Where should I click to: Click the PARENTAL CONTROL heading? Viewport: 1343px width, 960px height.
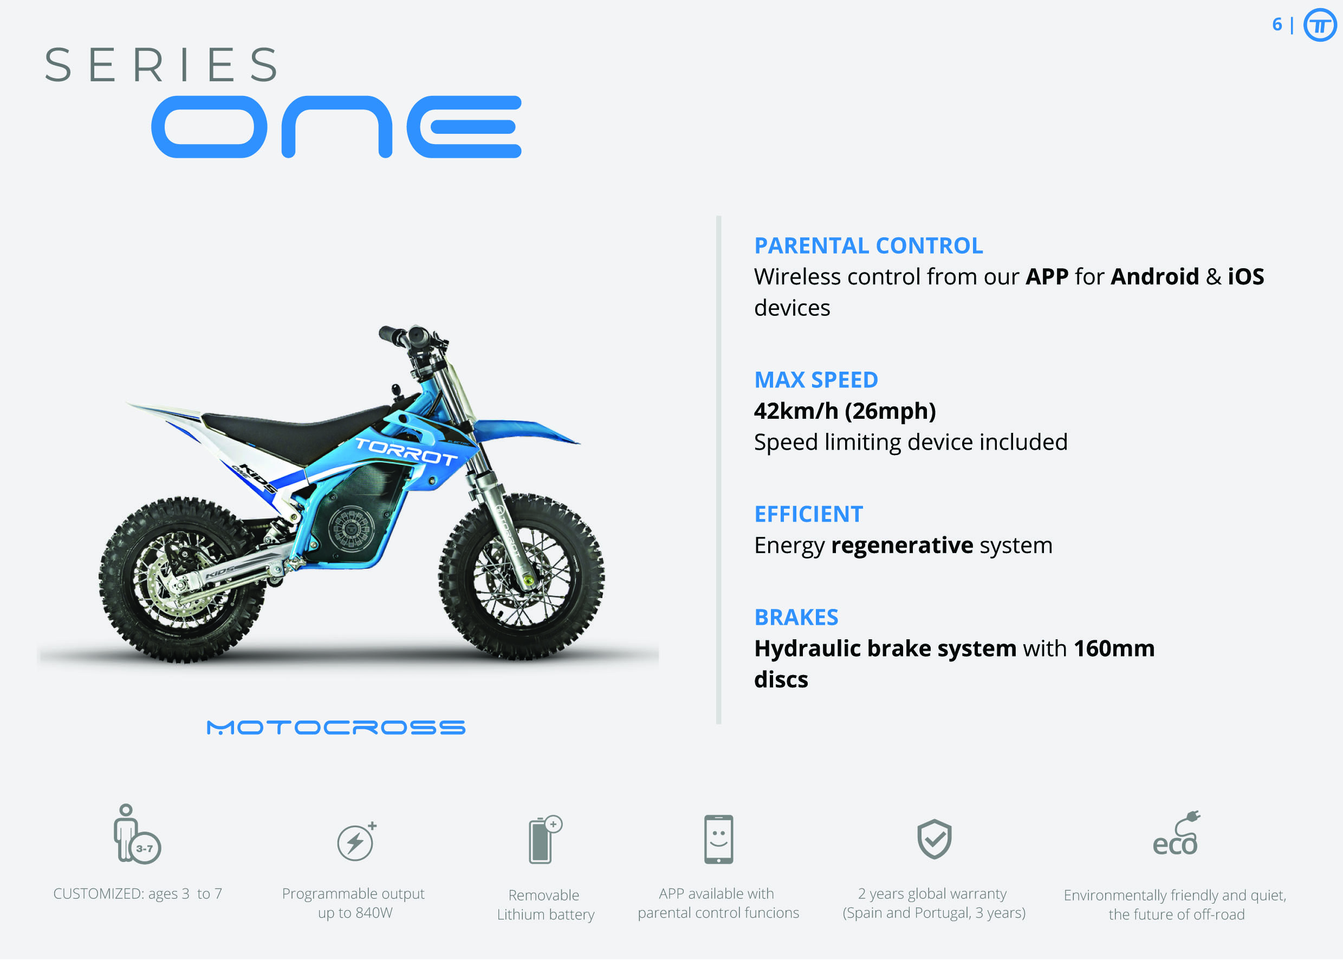coord(868,245)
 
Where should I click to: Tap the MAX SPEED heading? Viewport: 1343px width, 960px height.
coord(816,380)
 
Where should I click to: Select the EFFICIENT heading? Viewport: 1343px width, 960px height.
coord(808,514)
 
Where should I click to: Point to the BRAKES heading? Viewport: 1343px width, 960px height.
coord(796,617)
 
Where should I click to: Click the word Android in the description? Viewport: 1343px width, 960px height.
coord(1154,277)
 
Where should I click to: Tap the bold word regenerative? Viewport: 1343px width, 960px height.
coord(901,545)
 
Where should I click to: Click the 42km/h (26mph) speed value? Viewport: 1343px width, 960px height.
coord(845,411)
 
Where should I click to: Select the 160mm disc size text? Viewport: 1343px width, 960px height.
coord(1114,648)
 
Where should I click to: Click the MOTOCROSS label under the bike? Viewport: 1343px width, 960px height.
coord(336,727)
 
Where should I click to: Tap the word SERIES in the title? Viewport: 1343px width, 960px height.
coord(161,65)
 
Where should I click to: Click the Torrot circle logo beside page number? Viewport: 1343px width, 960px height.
coord(1320,25)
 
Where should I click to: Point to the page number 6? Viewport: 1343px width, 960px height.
coord(1277,24)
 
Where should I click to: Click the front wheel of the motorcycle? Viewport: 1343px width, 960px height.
coord(521,576)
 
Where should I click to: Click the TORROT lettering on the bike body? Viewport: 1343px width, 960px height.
coord(406,451)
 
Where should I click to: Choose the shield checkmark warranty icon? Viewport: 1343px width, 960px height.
coord(934,839)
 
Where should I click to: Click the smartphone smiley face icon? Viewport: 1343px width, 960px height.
coord(718,839)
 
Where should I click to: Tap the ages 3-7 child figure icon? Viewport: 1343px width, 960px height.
coord(137,834)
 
